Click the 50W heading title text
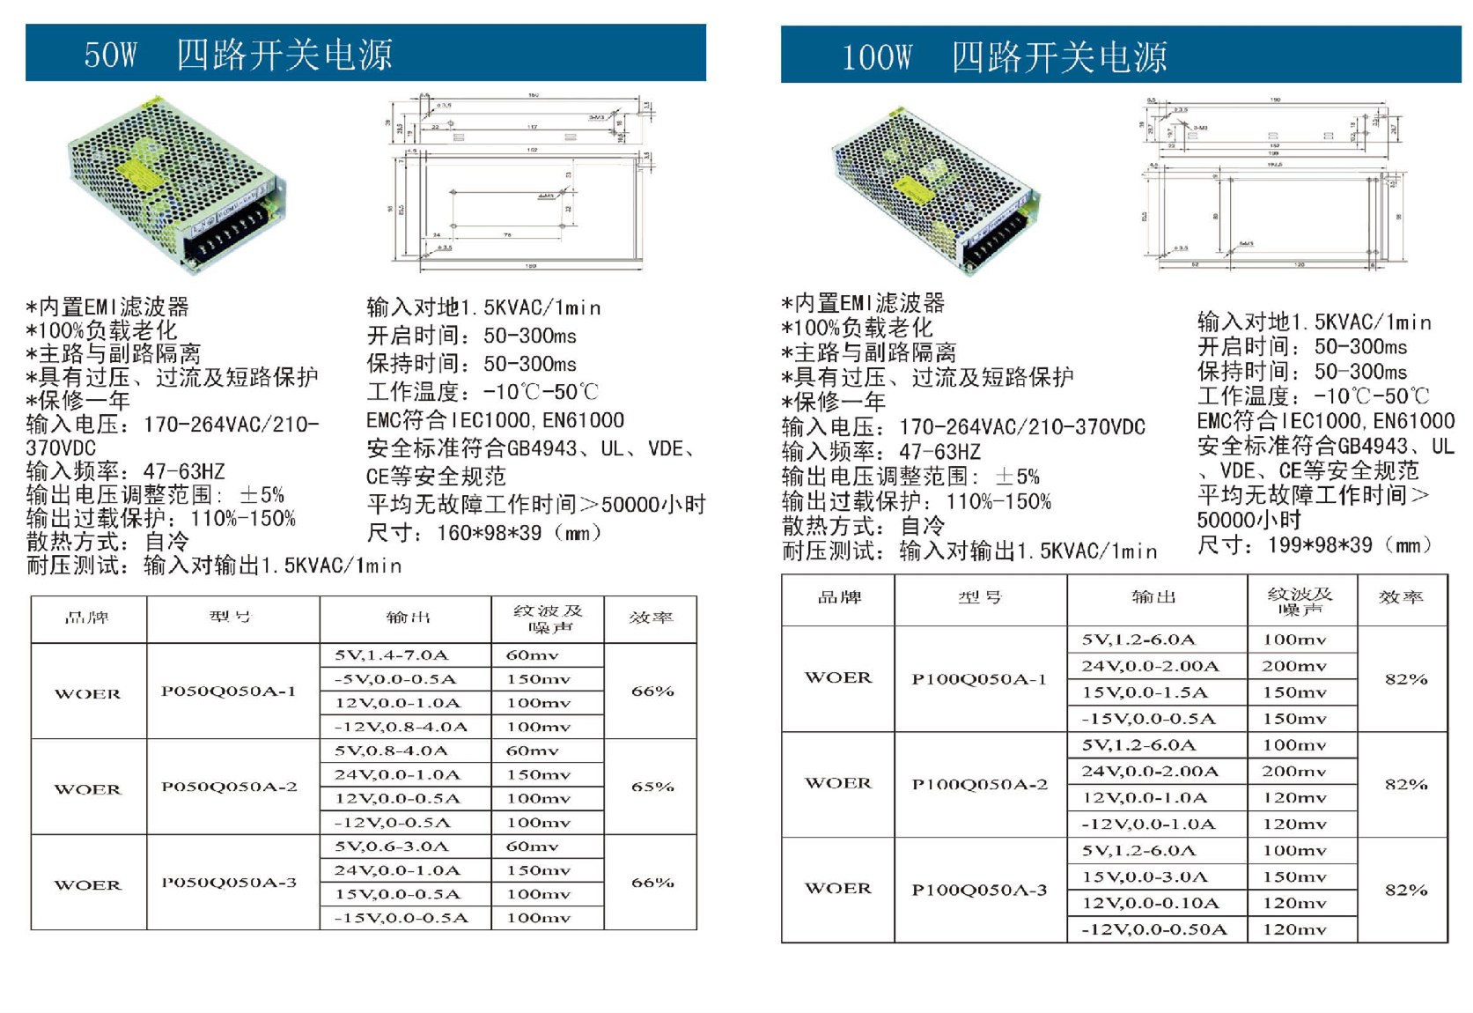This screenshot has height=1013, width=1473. [238, 55]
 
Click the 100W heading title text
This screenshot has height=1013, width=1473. [1004, 57]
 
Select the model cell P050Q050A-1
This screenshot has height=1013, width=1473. [229, 691]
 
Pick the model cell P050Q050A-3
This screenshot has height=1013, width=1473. [229, 883]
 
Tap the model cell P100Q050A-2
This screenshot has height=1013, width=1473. [980, 784]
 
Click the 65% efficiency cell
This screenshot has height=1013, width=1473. [652, 787]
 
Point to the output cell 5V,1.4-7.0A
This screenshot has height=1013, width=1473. [392, 655]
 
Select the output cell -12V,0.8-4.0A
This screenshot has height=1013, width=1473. [401, 727]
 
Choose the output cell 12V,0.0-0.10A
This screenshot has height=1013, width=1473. [1151, 903]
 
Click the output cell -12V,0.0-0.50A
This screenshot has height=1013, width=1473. [1153, 929]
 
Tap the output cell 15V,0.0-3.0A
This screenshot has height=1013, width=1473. [1145, 876]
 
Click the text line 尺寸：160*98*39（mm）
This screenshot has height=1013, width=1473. [484, 533]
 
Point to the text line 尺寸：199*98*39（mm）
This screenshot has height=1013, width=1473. [1315, 545]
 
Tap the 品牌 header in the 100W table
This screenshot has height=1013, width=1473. [839, 597]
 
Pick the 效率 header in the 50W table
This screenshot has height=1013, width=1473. [651, 617]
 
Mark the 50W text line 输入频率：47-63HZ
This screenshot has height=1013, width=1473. [126, 471]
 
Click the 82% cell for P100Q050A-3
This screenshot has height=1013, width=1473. [1405, 890]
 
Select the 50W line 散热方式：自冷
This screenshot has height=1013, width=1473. [107, 542]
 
